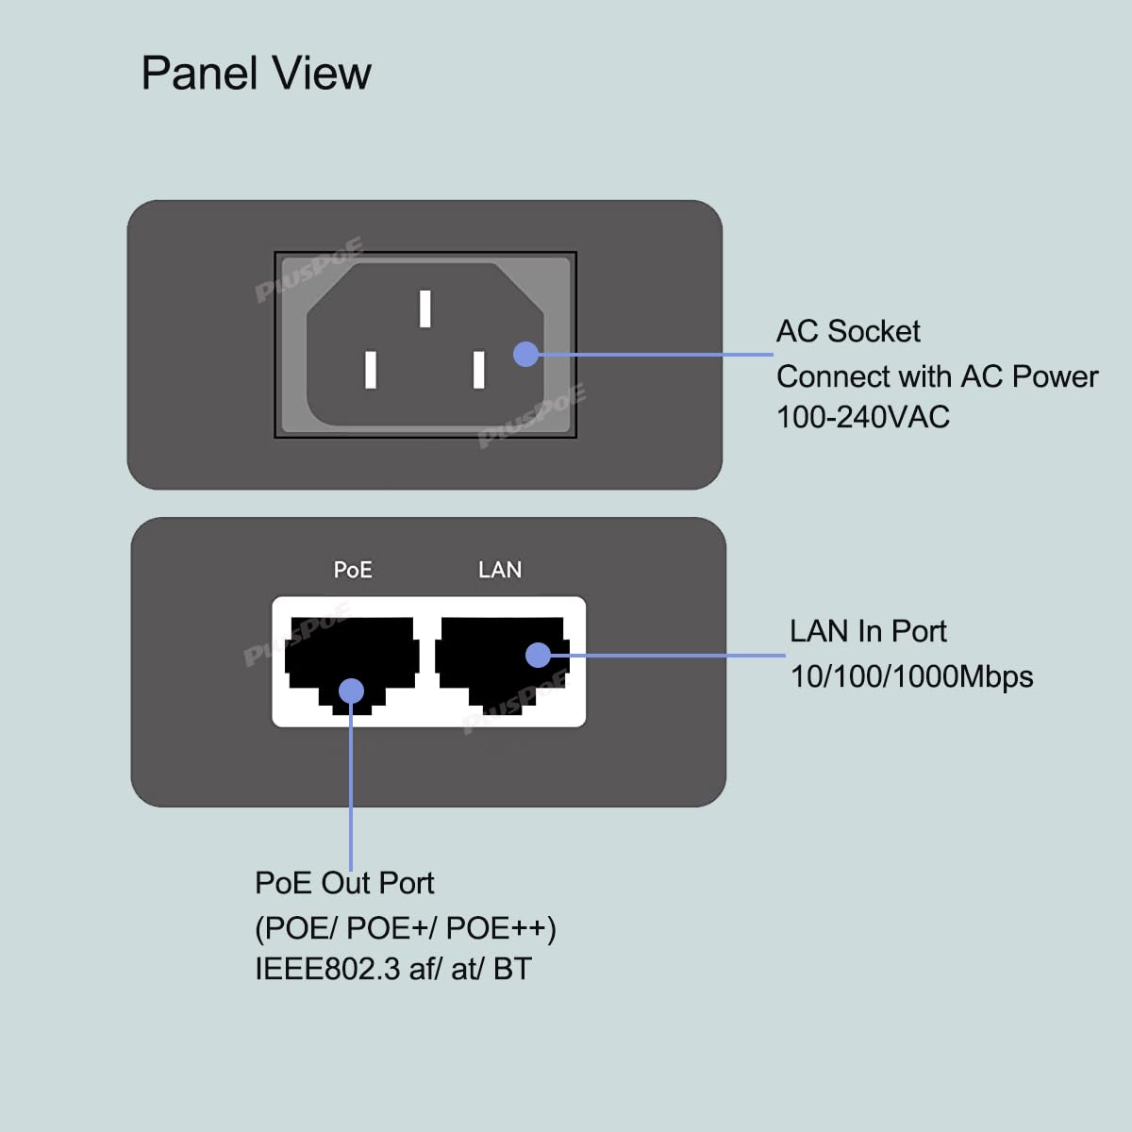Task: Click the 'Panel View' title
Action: [256, 74]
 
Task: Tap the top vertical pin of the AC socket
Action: [425, 308]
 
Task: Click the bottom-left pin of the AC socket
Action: [371, 369]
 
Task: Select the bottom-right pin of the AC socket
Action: [479, 369]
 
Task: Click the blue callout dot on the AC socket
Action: [526, 354]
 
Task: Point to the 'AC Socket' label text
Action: [848, 331]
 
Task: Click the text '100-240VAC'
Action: [862, 417]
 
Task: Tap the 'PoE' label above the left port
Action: [353, 570]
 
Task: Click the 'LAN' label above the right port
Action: [500, 570]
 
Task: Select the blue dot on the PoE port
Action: [351, 691]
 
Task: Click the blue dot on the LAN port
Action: [538, 655]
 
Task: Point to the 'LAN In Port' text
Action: [868, 631]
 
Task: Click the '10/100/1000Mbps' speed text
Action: [911, 676]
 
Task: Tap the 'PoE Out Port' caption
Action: [344, 883]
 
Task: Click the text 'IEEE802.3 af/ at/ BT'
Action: [393, 969]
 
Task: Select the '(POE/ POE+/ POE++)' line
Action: [406, 928]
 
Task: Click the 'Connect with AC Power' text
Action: [937, 376]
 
